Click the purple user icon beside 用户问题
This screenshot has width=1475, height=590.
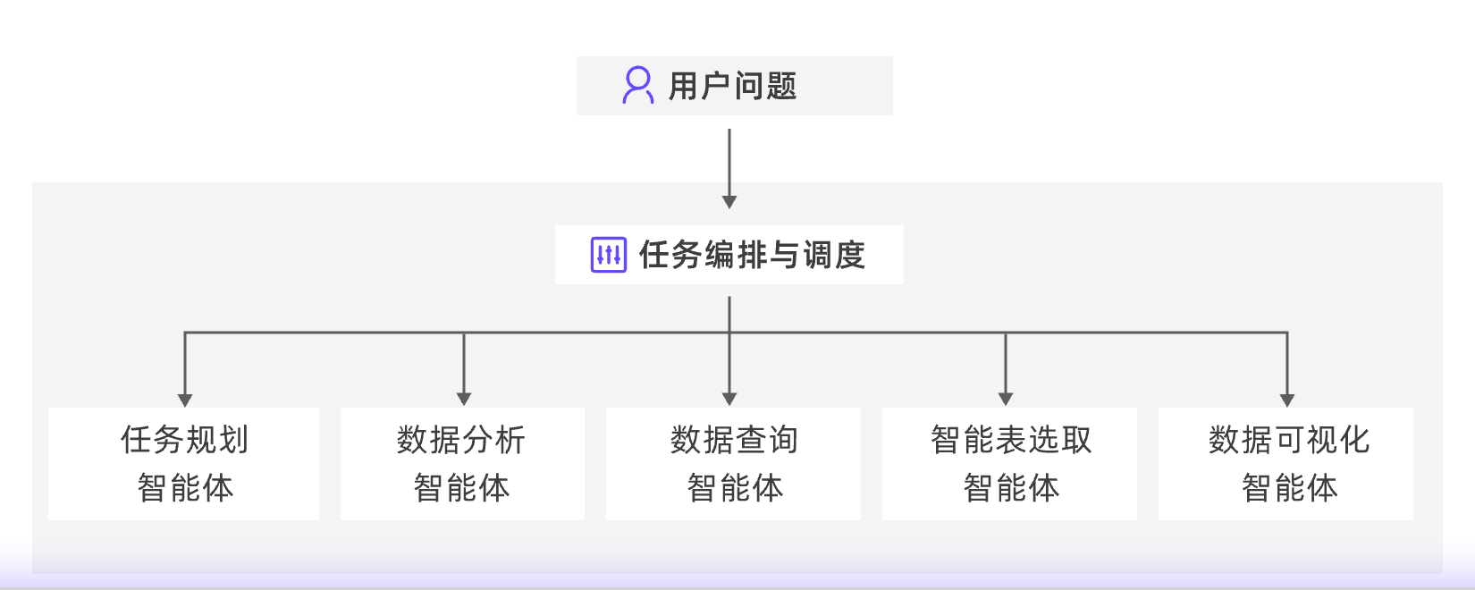point(637,86)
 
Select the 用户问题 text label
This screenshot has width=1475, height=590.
point(732,87)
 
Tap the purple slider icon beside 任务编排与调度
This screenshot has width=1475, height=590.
point(609,255)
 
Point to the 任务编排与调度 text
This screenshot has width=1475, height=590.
point(752,255)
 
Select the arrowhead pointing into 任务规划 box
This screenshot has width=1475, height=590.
point(185,400)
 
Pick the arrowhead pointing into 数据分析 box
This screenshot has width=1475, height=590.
point(464,399)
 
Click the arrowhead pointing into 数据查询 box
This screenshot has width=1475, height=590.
point(729,399)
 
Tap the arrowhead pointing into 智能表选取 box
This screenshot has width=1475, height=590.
point(1006,399)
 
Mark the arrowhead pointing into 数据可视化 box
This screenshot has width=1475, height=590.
point(1287,400)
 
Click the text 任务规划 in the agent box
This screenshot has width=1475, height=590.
point(185,440)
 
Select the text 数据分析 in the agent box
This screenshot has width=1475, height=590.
point(461,440)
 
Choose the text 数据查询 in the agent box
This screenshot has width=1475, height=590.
point(734,440)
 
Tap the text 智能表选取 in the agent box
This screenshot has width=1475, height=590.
point(1011,440)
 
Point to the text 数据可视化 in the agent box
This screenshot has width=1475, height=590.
point(1288,440)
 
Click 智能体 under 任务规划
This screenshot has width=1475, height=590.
point(185,488)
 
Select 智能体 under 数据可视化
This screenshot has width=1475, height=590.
point(1289,488)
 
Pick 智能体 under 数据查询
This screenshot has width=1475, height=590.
point(735,488)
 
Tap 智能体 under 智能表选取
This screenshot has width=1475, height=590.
point(1011,488)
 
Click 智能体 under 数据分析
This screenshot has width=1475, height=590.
point(461,488)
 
